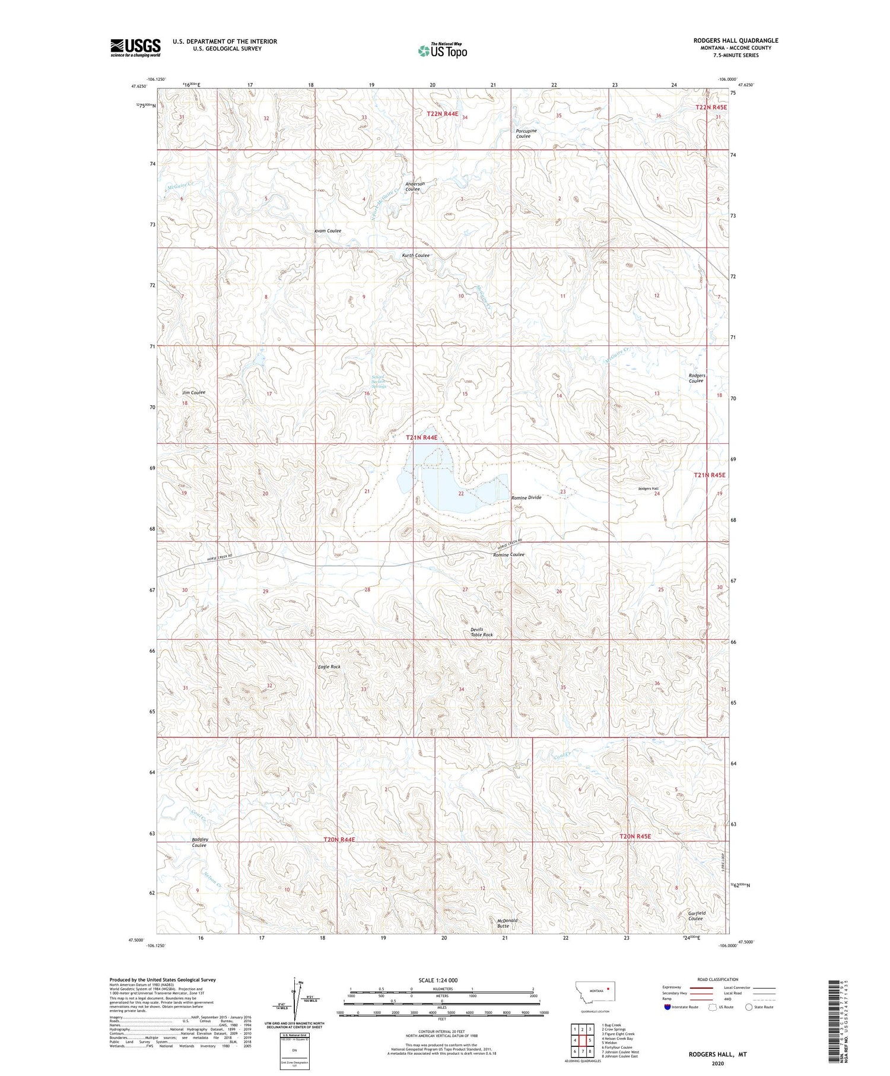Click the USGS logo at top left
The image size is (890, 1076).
tap(135, 47)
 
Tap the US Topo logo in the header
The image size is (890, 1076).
tap(443, 51)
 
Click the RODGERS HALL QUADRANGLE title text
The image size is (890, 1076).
tap(735, 40)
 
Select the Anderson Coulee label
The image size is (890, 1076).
tap(415, 186)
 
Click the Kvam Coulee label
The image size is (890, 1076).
tap(328, 230)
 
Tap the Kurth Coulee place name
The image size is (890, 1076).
tap(415, 255)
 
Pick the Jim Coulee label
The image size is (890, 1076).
tap(193, 392)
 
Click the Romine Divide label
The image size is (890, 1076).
tap(526, 497)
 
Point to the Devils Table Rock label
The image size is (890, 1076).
tap(481, 632)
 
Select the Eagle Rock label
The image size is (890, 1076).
tap(329, 666)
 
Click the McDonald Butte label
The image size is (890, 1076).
tap(507, 923)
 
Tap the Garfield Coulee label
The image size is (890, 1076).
tap(695, 916)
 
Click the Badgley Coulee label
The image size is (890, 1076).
tap(199, 842)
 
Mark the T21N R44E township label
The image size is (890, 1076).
tap(421, 437)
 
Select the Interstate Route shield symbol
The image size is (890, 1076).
tap(667, 1007)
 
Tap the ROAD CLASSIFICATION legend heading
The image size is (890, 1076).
tap(718, 979)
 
